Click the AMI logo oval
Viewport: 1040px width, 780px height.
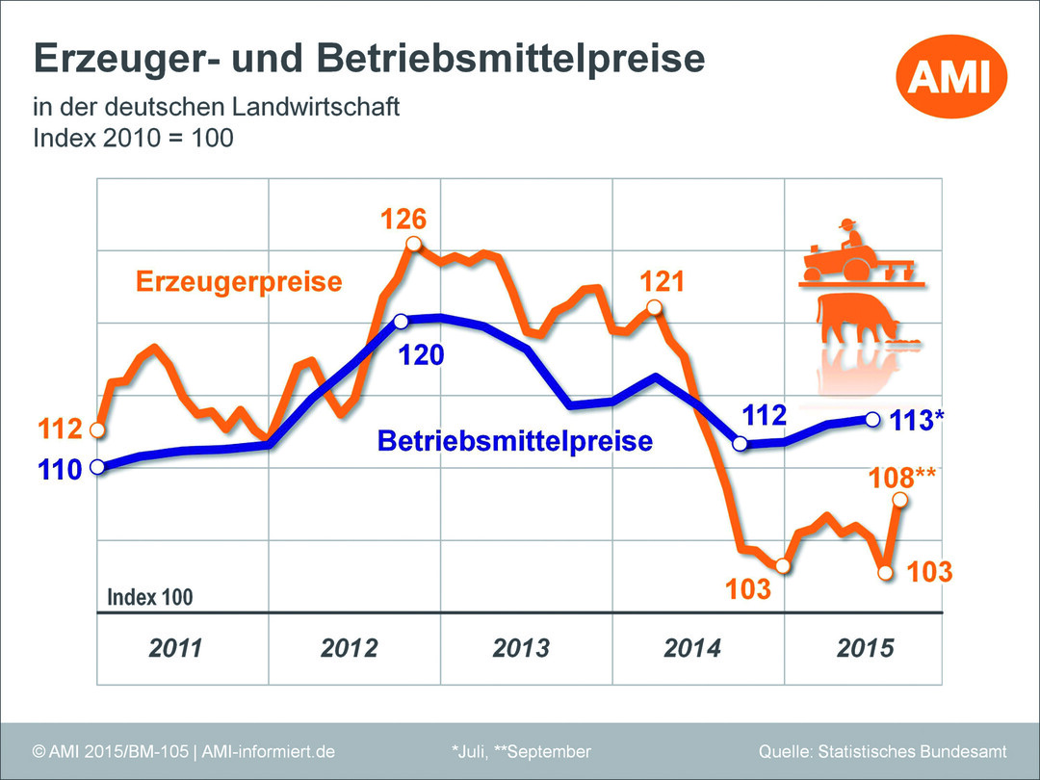(x=951, y=76)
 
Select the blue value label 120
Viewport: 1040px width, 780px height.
(x=422, y=354)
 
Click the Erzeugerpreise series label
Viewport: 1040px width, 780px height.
(x=239, y=282)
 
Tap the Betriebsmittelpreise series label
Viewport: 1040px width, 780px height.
(x=514, y=442)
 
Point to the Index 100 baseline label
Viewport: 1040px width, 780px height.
(x=149, y=597)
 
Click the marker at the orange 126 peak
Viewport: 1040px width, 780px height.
(x=414, y=245)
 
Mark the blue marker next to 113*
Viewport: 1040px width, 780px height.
(x=872, y=419)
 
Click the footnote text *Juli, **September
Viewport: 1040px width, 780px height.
(x=520, y=751)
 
